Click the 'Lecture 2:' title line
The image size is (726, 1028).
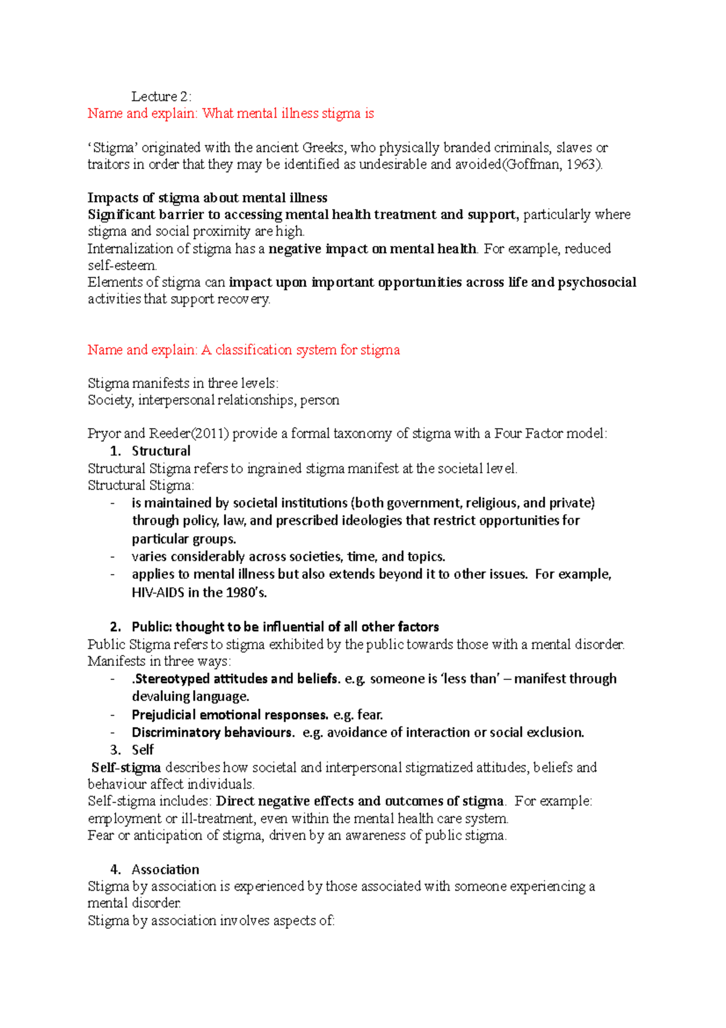click(162, 96)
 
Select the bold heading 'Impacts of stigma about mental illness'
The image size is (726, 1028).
click(208, 198)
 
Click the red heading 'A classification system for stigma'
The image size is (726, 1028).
click(301, 350)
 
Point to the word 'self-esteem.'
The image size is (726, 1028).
click(122, 265)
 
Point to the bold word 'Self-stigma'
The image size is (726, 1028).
click(126, 768)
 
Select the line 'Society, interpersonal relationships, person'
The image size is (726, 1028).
click(214, 400)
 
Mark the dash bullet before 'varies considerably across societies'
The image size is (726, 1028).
click(113, 556)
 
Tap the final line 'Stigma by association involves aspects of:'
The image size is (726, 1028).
click(211, 921)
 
